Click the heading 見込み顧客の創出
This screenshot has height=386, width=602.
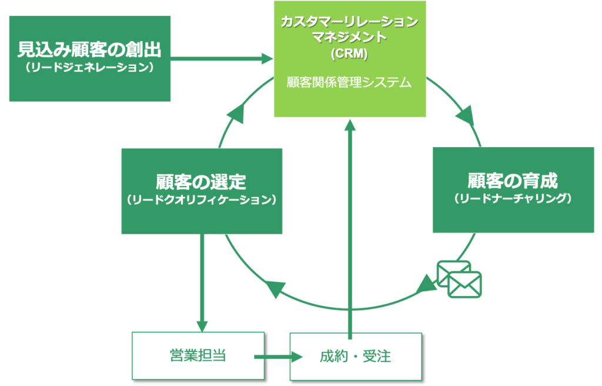coord(89,49)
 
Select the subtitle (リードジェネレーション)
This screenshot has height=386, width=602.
coord(89,67)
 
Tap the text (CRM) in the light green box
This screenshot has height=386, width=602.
coord(349,54)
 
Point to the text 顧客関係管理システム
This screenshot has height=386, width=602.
coord(349,82)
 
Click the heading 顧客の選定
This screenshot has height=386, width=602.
coord(201,182)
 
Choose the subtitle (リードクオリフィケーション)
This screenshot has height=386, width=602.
coord(201,199)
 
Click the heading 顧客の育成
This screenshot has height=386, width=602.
coord(513,181)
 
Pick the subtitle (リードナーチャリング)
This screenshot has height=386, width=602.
coord(513,198)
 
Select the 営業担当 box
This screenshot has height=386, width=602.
coord(198,355)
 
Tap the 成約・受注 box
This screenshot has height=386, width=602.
coord(356,357)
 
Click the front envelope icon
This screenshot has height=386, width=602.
coord(464,285)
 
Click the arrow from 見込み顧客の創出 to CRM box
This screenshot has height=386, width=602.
coord(222,59)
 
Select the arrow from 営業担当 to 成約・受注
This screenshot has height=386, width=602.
coord(278,357)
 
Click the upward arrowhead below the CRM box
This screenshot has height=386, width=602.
coord(350,125)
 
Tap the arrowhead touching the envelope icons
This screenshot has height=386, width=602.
coord(426,285)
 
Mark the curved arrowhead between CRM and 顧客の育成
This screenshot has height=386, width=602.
coord(466,116)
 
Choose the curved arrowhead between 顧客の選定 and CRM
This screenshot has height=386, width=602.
coord(236,114)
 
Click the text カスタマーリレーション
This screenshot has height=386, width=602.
coord(349,22)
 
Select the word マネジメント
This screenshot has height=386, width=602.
coord(349,37)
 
